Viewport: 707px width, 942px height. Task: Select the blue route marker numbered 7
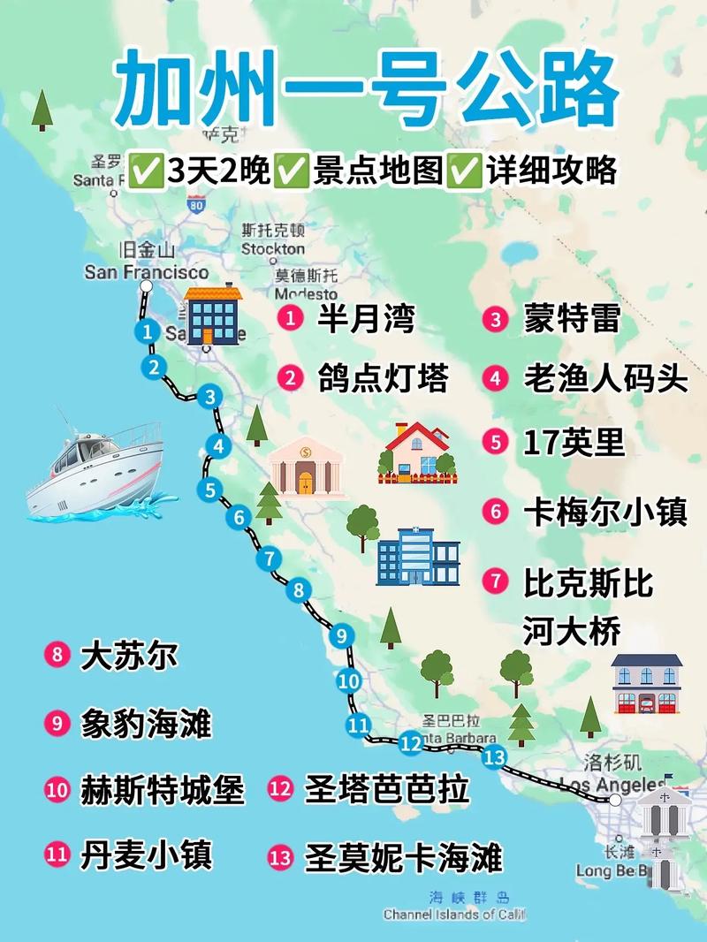tap(269, 558)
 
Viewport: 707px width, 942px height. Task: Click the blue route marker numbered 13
tap(494, 756)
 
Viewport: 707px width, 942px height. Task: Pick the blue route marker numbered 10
tap(349, 681)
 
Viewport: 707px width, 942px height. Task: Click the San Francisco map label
tap(147, 272)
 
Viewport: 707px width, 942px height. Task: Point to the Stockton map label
tap(273, 249)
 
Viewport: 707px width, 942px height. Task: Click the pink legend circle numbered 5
tap(496, 441)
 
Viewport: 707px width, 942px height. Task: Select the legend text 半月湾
tap(365, 318)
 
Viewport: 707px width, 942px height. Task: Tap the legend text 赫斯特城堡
tap(162, 789)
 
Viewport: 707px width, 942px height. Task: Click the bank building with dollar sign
tap(305, 466)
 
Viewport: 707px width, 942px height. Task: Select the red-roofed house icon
tap(416, 452)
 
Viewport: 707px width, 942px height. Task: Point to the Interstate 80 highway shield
tap(196, 204)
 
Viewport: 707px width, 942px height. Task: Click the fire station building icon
tap(647, 684)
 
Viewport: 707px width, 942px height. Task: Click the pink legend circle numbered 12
tap(280, 788)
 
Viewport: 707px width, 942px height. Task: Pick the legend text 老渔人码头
tap(605, 378)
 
